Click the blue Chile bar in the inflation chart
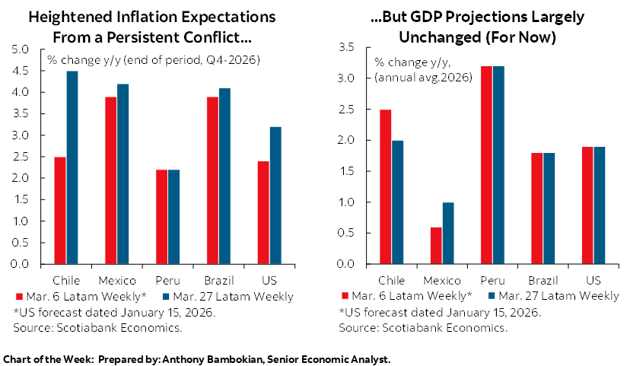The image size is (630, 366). tap(72, 167)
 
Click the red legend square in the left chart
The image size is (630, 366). tap(17, 296)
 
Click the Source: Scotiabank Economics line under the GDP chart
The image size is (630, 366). tap(423, 327)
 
